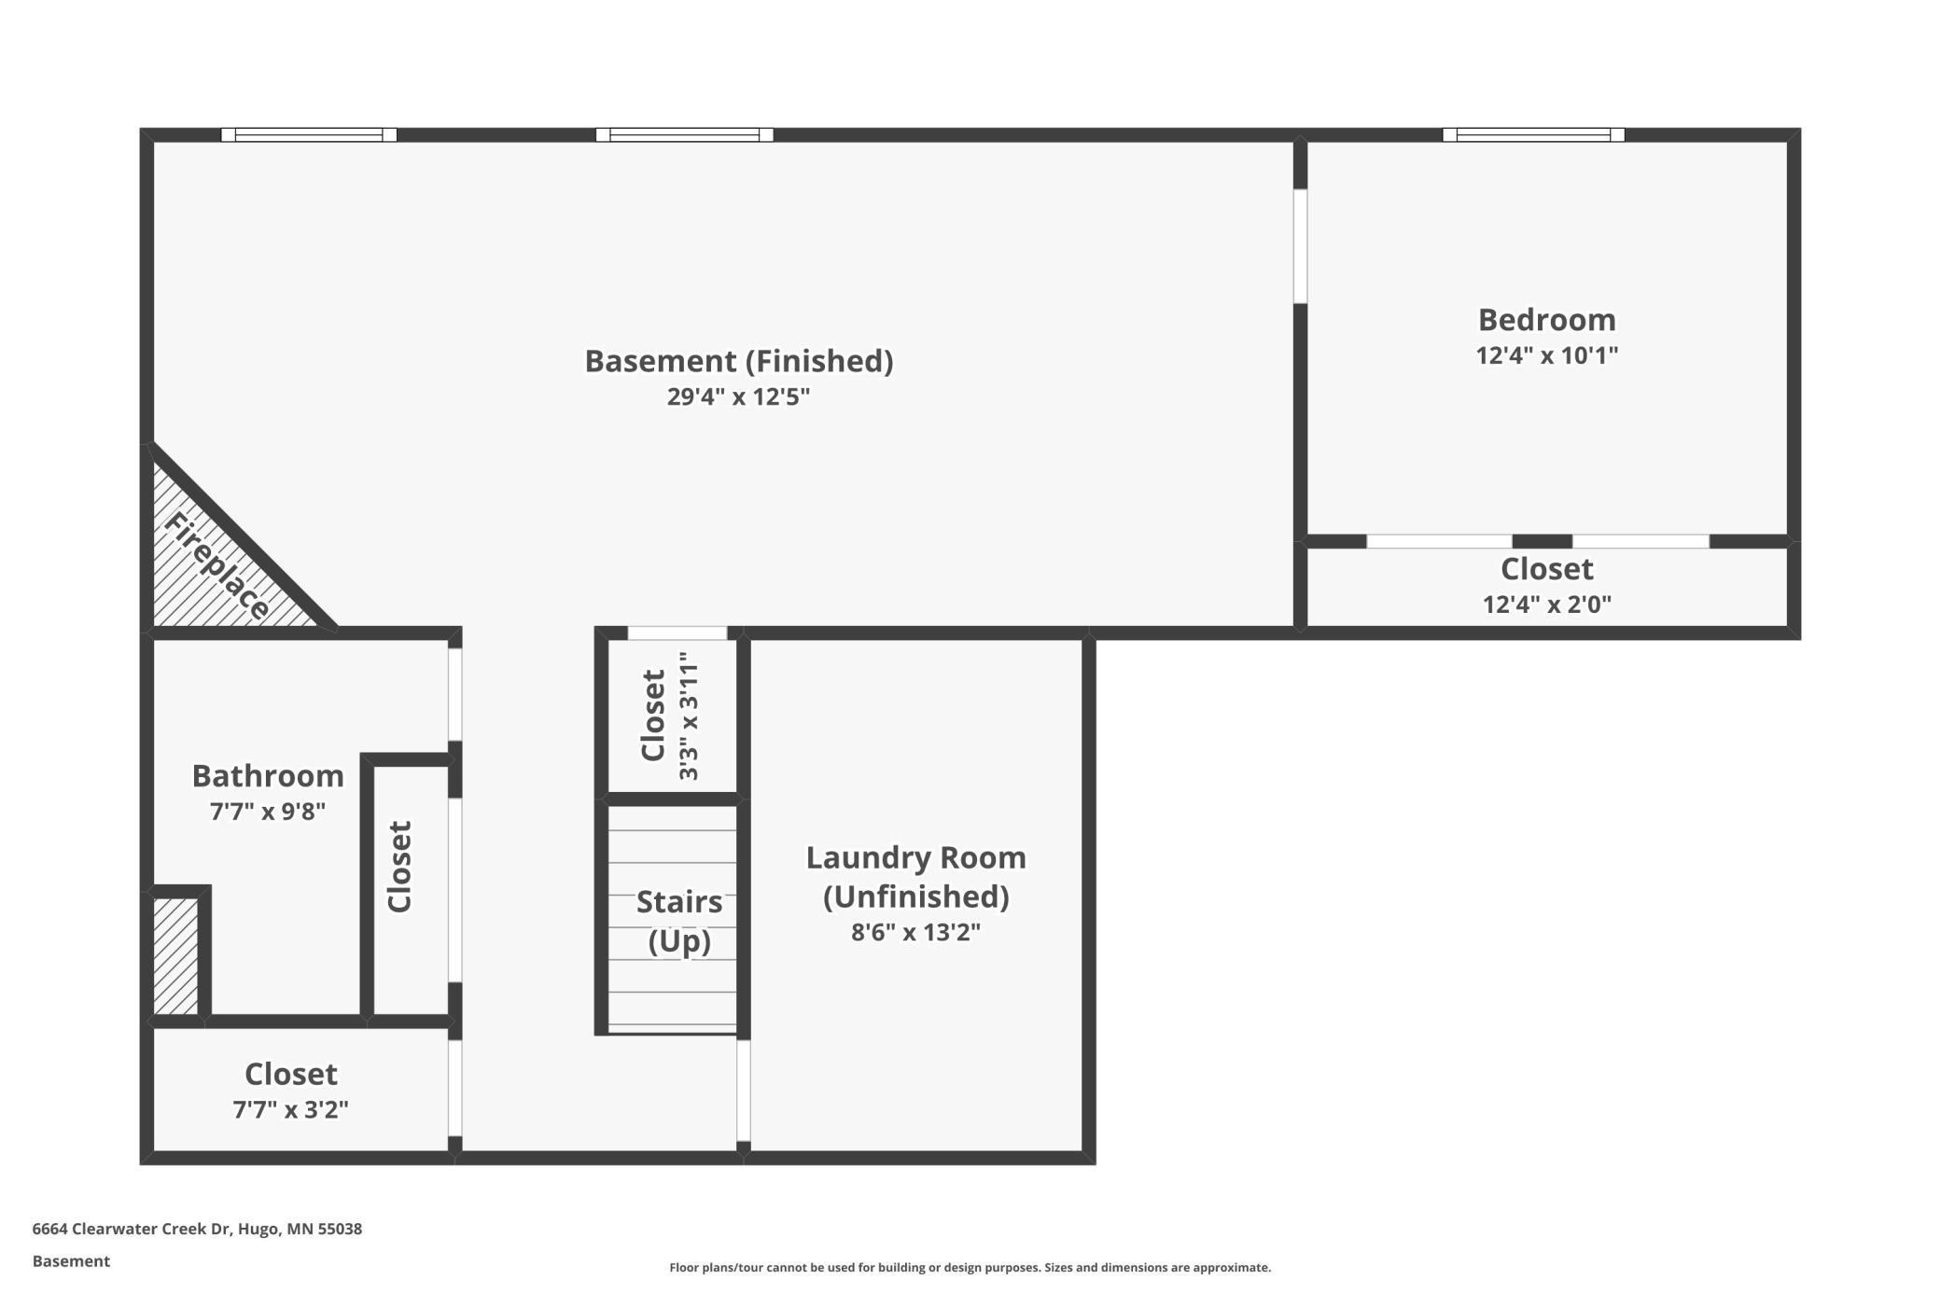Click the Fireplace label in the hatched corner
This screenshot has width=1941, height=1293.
216,566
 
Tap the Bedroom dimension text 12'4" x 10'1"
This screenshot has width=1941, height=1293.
1546,355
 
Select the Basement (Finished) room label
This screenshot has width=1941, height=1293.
738,361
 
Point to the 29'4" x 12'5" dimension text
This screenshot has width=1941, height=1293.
738,396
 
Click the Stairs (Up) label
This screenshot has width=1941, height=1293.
679,921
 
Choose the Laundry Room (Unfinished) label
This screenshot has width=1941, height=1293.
915,876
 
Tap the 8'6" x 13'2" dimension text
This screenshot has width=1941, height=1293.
915,932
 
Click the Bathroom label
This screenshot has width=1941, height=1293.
268,775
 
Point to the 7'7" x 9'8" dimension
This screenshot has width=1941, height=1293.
268,811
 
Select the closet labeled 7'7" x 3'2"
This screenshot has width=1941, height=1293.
290,1090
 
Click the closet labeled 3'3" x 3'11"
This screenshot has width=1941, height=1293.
668,716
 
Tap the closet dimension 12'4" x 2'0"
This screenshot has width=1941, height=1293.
1546,604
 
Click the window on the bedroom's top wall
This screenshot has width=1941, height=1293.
1533,135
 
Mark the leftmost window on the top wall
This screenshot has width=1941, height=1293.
309,135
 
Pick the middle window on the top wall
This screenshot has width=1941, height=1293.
684,135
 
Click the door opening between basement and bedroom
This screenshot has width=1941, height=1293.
1299,246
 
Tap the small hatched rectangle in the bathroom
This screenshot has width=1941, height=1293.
175,956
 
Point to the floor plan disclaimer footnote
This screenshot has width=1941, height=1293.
970,1267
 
